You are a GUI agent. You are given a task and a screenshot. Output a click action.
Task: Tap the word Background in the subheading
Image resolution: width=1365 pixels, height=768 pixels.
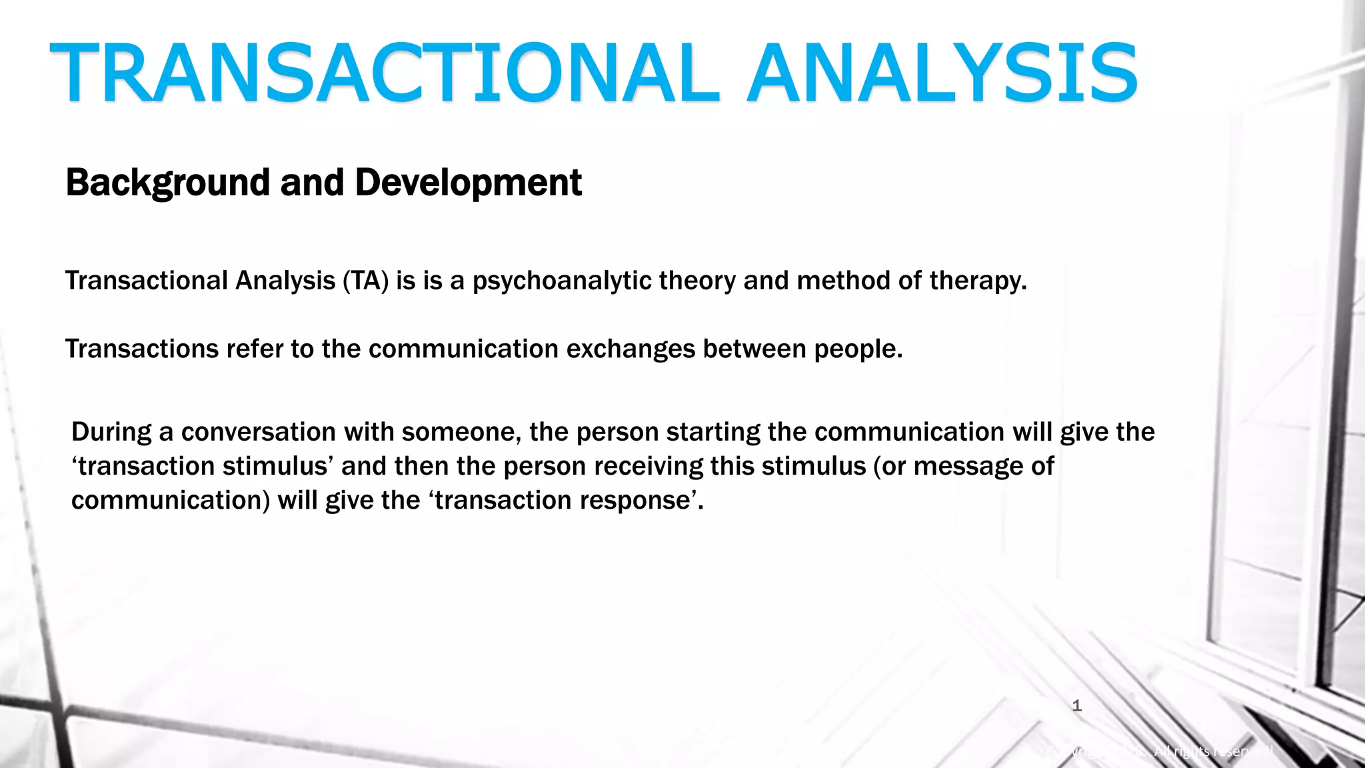[x=168, y=183]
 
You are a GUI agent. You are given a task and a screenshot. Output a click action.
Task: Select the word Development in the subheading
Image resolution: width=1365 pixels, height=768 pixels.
[x=468, y=183]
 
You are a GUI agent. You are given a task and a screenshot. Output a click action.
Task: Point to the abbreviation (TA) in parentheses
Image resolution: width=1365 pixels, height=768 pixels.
[x=365, y=281]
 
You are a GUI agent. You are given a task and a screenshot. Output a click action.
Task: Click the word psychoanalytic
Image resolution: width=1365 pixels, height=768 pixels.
[x=561, y=281]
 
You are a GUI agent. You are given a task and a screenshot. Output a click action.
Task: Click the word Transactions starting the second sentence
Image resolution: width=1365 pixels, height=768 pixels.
[x=141, y=349]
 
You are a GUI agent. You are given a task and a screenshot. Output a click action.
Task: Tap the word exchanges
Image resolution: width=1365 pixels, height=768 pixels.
[x=631, y=349]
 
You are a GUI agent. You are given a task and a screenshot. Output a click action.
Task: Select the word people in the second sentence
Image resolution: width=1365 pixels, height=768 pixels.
[x=858, y=349]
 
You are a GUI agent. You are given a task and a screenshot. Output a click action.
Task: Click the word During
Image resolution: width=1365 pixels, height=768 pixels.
[x=111, y=432]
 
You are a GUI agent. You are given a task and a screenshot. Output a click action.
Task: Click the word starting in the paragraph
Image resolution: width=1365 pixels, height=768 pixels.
[x=712, y=432]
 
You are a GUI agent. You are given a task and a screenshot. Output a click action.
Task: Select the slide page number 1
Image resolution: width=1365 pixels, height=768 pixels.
[x=1076, y=706]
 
